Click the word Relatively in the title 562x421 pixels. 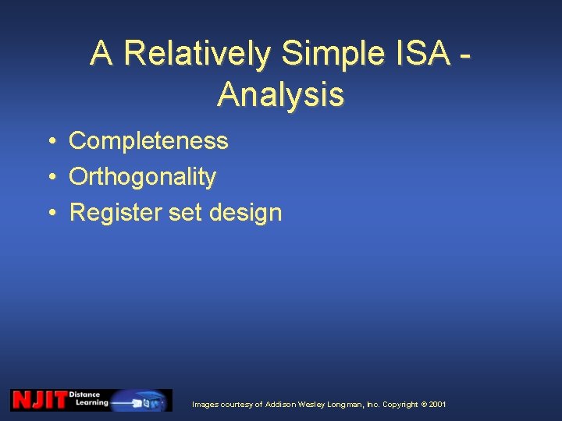pos(197,54)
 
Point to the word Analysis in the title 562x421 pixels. pos(281,94)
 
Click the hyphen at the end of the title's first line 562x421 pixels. pos(466,56)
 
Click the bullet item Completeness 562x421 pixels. pos(148,141)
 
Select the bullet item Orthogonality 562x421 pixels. pos(142,177)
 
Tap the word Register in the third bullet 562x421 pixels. pos(116,213)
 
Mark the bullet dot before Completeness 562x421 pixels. pos(49,142)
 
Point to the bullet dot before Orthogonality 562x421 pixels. pos(49,178)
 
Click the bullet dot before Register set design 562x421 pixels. pos(49,214)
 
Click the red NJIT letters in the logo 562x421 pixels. pos(38,400)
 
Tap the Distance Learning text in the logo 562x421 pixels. pos(89,399)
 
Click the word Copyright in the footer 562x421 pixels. pos(400,405)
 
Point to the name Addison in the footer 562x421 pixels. pos(282,405)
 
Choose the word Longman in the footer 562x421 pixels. pos(343,405)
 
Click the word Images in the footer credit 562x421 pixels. pos(206,405)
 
